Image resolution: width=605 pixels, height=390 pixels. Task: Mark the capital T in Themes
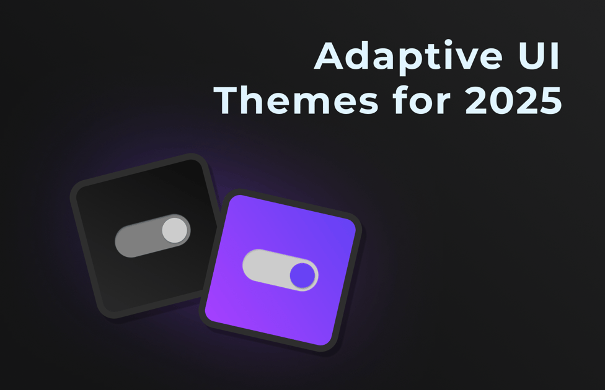point(232,100)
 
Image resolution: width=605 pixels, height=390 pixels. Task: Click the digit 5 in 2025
point(549,101)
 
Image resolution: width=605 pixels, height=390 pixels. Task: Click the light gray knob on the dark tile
point(174,230)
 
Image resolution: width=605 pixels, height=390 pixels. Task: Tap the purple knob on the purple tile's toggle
point(302,274)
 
